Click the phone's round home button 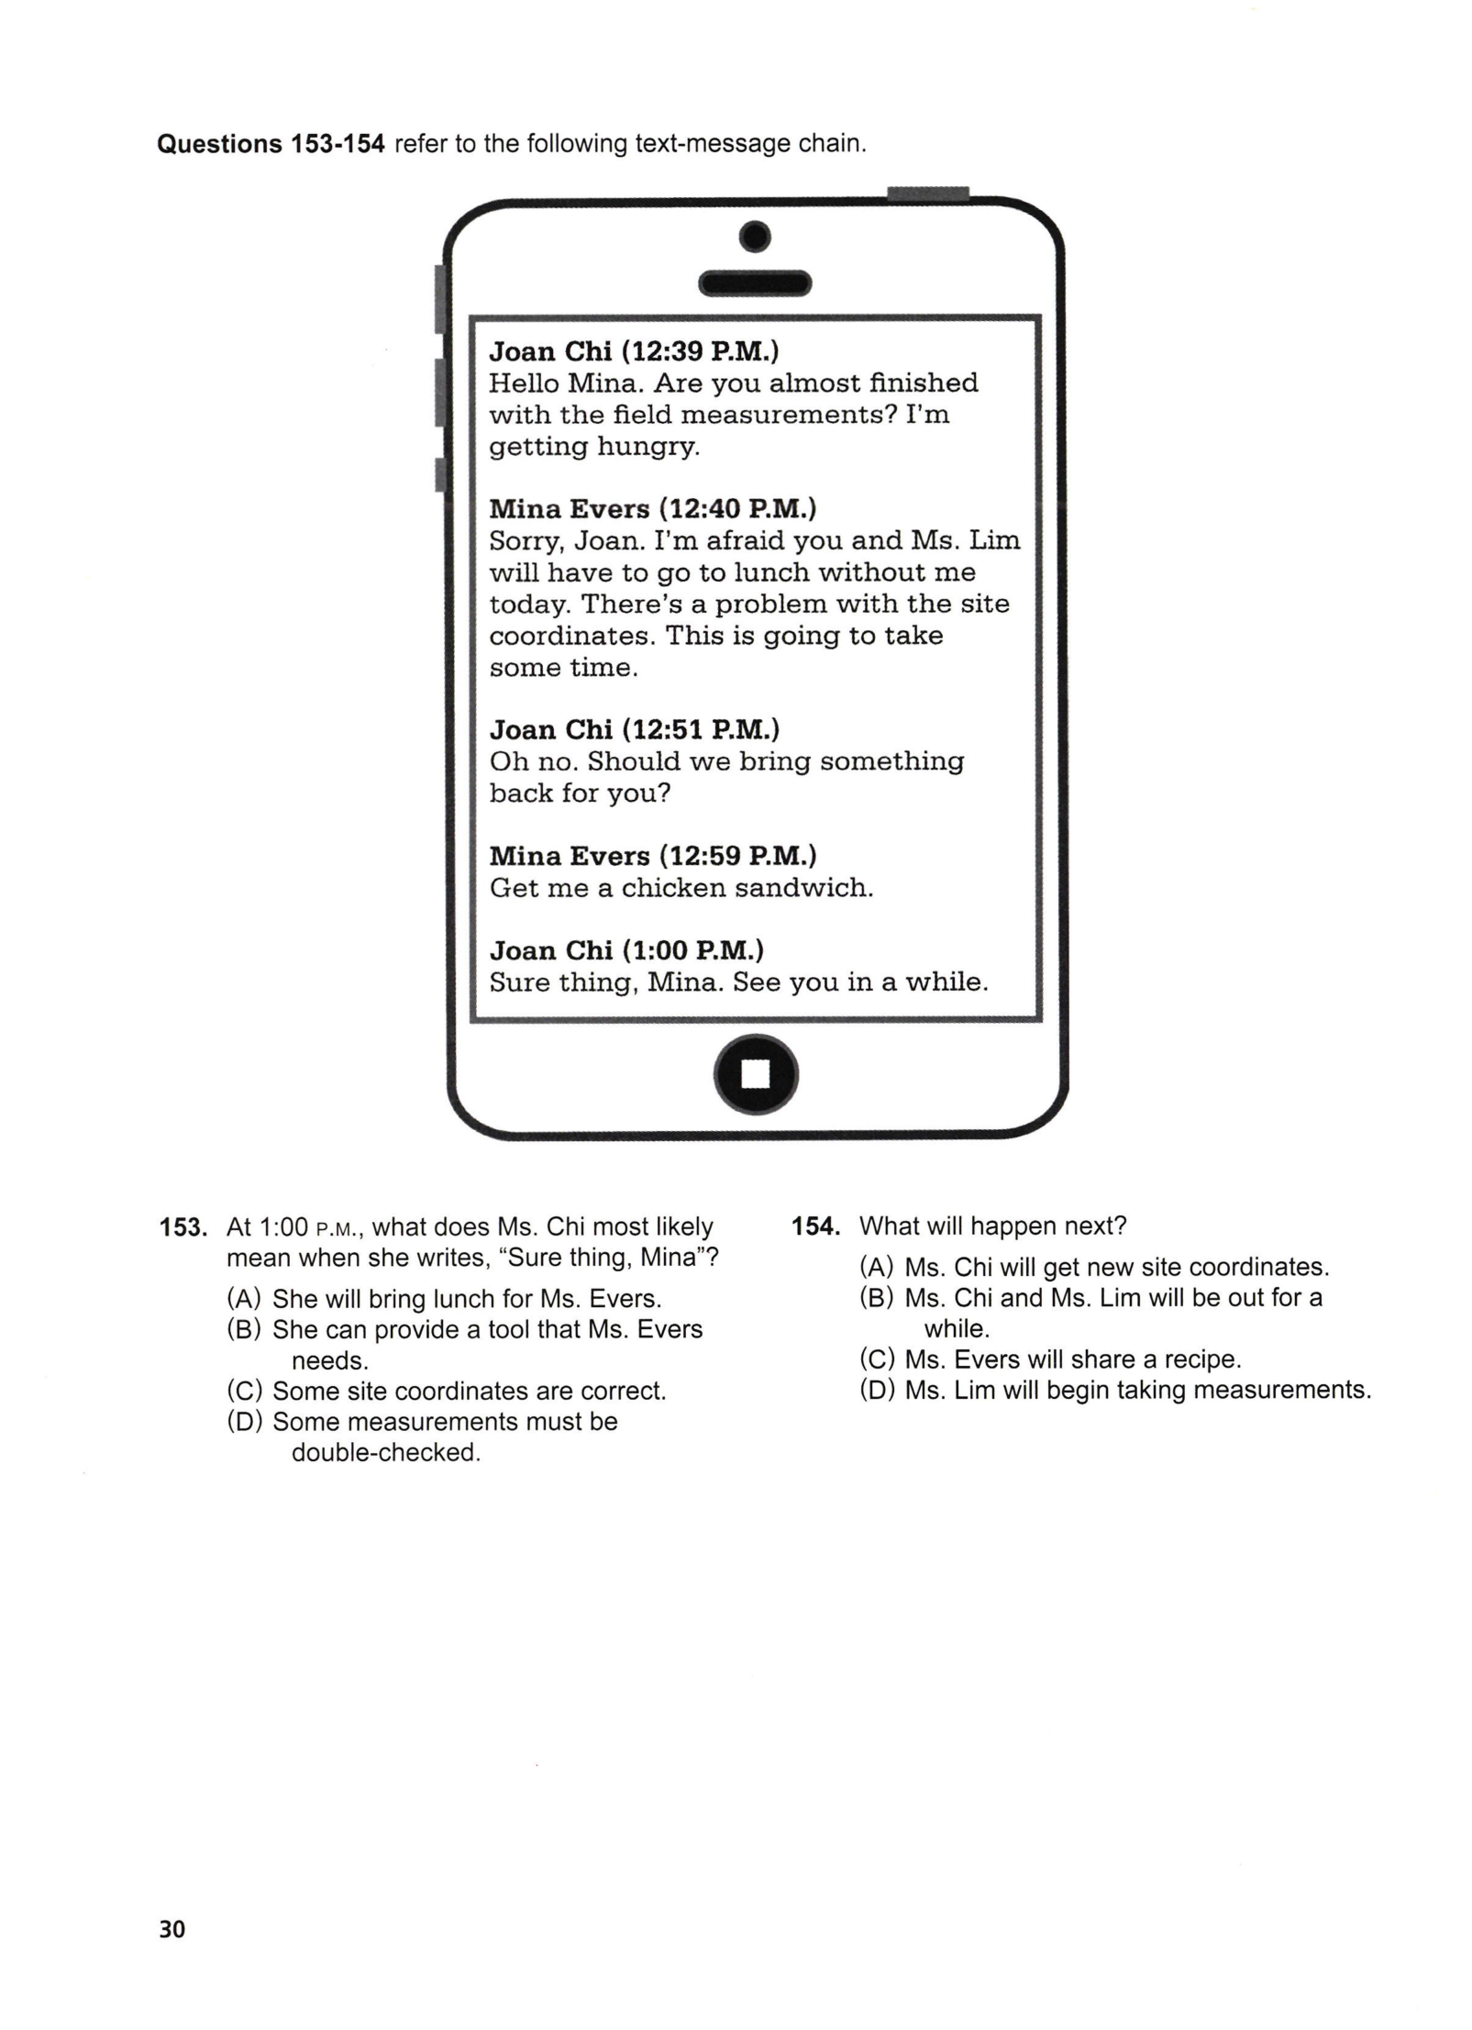[x=755, y=1073]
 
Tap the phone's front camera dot [x=755, y=238]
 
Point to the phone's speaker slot [x=755, y=283]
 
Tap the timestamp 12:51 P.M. [x=702, y=729]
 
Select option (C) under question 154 [x=877, y=1359]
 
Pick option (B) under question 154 [x=877, y=1298]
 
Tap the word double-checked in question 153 [x=386, y=1453]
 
